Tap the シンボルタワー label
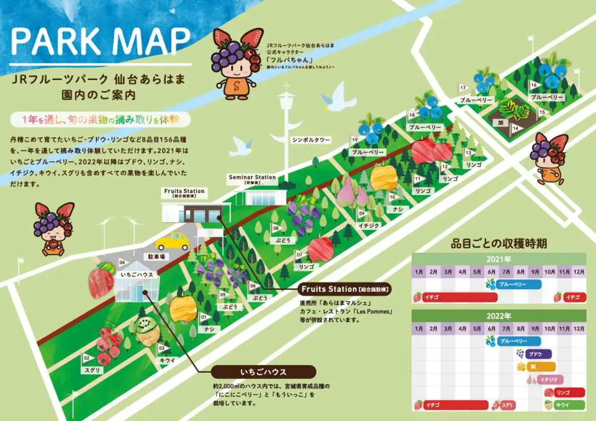tap(311, 140)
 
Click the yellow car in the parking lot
tap(172, 241)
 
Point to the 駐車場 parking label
tap(156, 255)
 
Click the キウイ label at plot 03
tap(166, 360)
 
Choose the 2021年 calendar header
tap(499, 258)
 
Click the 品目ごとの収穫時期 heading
tap(500, 242)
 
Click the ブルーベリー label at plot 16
tap(548, 97)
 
